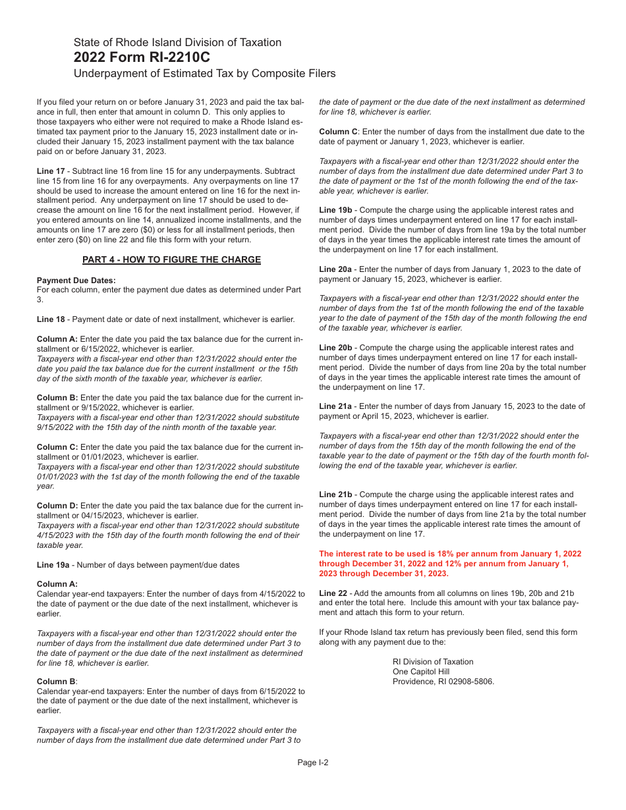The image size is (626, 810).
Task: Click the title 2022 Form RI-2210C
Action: tap(142, 57)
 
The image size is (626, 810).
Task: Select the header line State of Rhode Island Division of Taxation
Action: tap(177, 42)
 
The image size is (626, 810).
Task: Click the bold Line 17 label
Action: tap(51, 171)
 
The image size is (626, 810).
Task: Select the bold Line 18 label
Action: tap(51, 319)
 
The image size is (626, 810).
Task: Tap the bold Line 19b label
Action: tap(335, 211)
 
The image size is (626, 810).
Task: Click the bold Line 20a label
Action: tap(335, 269)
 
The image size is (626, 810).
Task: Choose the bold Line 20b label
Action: tap(335, 348)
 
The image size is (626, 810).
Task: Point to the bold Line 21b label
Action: tap(335, 495)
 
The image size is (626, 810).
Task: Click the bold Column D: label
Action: tap(57, 506)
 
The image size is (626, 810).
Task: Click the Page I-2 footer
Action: tap(312, 763)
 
